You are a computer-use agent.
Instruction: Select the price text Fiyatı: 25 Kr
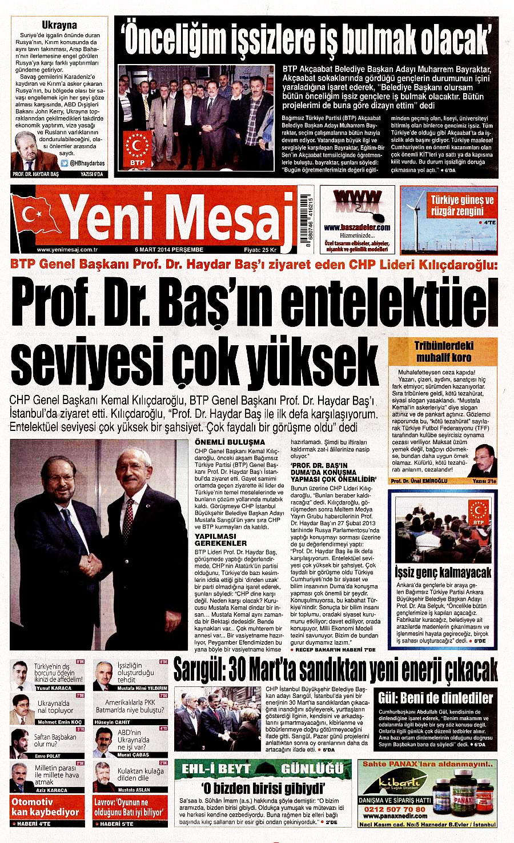click(260, 250)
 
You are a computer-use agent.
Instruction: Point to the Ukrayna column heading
click(59, 25)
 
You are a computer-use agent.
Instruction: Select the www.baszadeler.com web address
click(357, 227)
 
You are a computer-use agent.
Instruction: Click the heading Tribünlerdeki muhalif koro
click(444, 351)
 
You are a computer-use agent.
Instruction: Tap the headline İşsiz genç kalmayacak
click(443, 573)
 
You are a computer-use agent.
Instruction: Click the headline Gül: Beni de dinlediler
click(435, 698)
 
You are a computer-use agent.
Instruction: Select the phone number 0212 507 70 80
click(395, 809)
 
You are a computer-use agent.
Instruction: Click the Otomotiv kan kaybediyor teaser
click(46, 806)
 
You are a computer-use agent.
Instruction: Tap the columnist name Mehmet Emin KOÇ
click(59, 722)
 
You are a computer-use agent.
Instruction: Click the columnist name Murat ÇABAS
click(132, 755)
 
